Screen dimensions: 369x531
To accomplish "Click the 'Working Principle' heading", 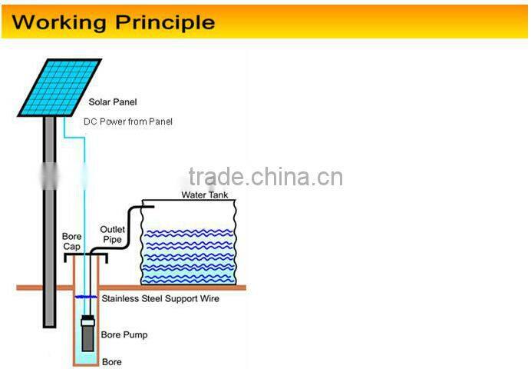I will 113,21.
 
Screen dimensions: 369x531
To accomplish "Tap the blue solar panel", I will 60,86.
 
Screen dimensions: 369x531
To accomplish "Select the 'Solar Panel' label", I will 113,102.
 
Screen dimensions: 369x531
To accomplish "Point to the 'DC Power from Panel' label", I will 128,121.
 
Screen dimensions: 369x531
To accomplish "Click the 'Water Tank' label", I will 204,194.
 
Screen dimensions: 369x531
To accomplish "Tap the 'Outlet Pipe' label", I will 112,234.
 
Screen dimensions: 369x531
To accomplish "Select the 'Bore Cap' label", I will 71,241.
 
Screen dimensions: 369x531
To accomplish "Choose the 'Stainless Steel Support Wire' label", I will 160,298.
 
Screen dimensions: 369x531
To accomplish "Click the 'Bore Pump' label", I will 124,335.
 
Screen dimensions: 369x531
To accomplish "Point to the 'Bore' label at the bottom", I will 111,361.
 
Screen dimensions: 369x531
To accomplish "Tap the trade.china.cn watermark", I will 265,177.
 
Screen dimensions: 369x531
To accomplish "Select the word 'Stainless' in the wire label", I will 120,298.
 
